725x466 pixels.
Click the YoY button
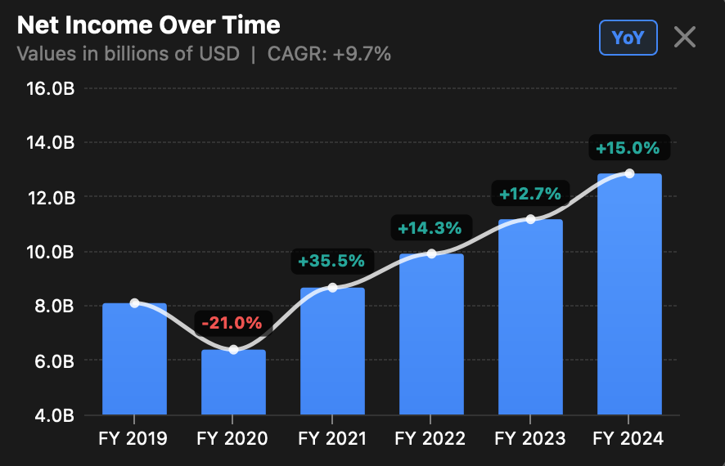pyautogui.click(x=628, y=38)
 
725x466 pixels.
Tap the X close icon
pyautogui.click(x=685, y=37)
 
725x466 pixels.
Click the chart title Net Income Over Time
pyautogui.click(x=148, y=25)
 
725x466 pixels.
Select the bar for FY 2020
pyautogui.click(x=233, y=383)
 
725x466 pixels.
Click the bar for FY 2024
pyautogui.click(x=629, y=294)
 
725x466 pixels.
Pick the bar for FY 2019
pyautogui.click(x=134, y=360)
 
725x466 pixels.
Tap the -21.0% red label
pyautogui.click(x=233, y=322)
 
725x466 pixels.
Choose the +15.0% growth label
pyautogui.click(x=628, y=148)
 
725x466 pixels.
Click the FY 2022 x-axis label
pyautogui.click(x=430, y=439)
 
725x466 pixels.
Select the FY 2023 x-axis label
pyautogui.click(x=529, y=439)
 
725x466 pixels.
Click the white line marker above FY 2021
pyautogui.click(x=332, y=287)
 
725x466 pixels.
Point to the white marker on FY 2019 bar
pyautogui.click(x=134, y=303)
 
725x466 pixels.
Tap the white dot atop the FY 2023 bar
pyautogui.click(x=530, y=219)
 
